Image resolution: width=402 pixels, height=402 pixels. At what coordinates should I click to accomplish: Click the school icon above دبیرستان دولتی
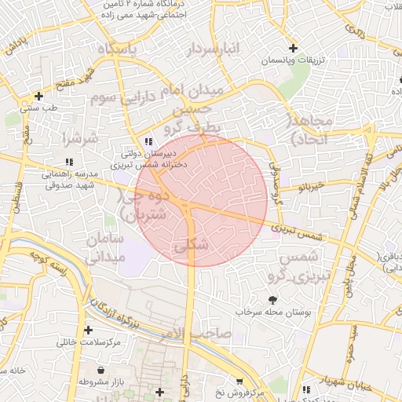tap(148, 141)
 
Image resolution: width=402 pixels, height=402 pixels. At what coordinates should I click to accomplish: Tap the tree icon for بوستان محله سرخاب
tap(272, 299)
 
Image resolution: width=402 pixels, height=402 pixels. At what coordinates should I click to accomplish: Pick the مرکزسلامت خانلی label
tap(87, 342)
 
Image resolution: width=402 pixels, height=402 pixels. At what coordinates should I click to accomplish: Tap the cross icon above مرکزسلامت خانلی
tap(88, 330)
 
